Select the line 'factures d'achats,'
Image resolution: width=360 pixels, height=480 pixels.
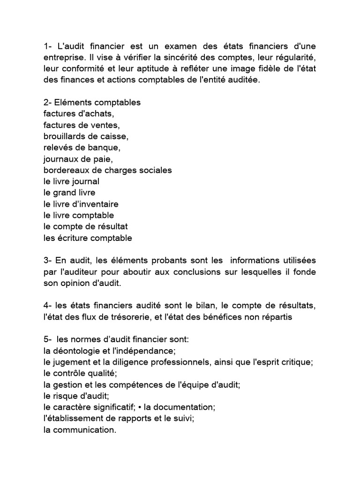tap(78, 113)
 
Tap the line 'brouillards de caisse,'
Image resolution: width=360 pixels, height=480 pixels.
tap(86, 136)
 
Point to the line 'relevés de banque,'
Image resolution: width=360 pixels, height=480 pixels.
tap(82, 147)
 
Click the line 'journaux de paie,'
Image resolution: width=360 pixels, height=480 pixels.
tap(78, 158)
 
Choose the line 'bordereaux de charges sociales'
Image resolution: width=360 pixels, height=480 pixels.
tap(107, 170)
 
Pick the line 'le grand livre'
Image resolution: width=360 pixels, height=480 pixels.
tap(69, 193)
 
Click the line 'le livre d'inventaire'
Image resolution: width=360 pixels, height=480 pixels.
tap(81, 204)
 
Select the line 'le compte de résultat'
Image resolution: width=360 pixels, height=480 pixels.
tap(85, 226)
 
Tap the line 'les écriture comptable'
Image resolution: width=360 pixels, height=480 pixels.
tap(88, 238)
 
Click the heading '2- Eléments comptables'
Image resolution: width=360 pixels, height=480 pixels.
tap(92, 102)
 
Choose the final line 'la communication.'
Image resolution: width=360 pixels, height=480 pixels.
tap(79, 430)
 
